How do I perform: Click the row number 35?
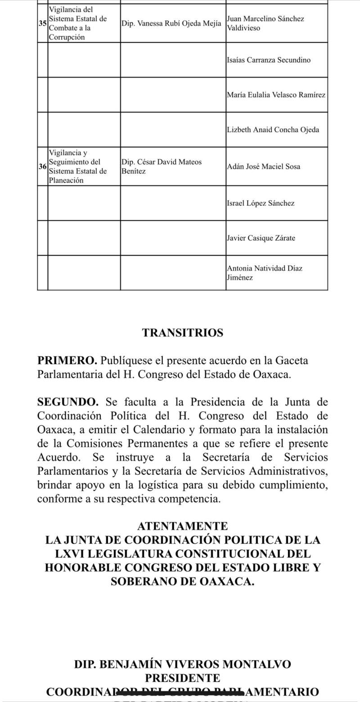43,23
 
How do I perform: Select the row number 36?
43,166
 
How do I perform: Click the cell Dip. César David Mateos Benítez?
162,166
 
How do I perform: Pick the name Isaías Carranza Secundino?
269,60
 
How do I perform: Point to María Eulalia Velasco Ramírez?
276,95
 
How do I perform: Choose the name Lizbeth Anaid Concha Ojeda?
273,130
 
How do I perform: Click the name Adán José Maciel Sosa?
264,166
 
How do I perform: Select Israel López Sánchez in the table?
261,203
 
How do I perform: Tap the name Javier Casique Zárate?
261,238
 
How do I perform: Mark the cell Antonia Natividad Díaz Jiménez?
265,273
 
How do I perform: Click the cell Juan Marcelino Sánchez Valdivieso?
265,23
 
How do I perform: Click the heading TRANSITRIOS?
183,333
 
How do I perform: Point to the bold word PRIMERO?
67,360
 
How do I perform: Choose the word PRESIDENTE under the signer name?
183,678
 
